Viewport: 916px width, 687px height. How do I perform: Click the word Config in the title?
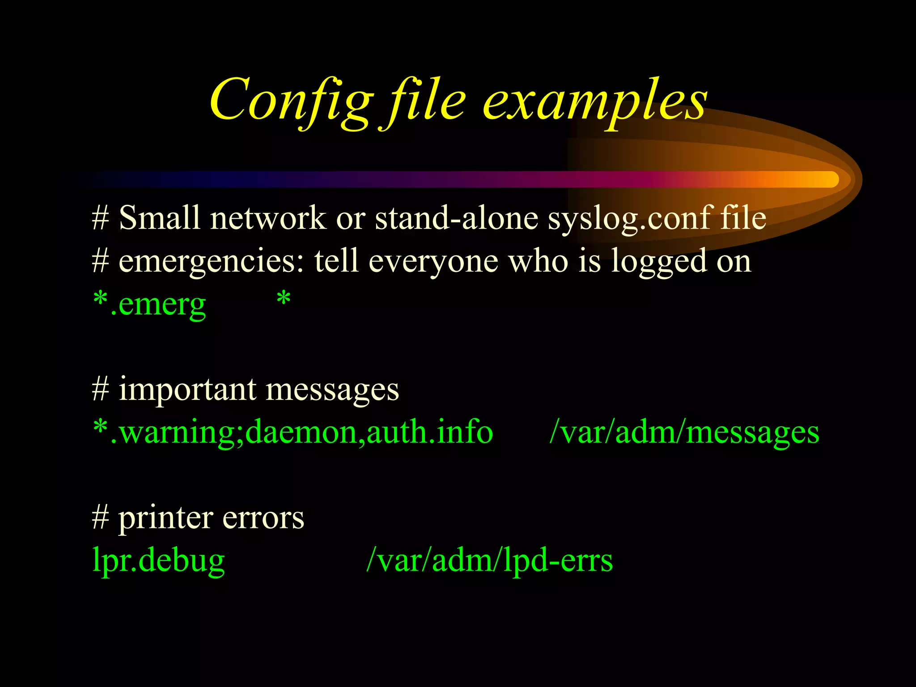[291, 101]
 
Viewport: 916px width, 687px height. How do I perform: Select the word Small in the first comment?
[159, 218]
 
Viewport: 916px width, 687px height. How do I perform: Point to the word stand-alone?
[456, 218]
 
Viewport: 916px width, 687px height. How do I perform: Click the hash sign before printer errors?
[100, 518]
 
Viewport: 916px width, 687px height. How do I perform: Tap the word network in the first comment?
[268, 218]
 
